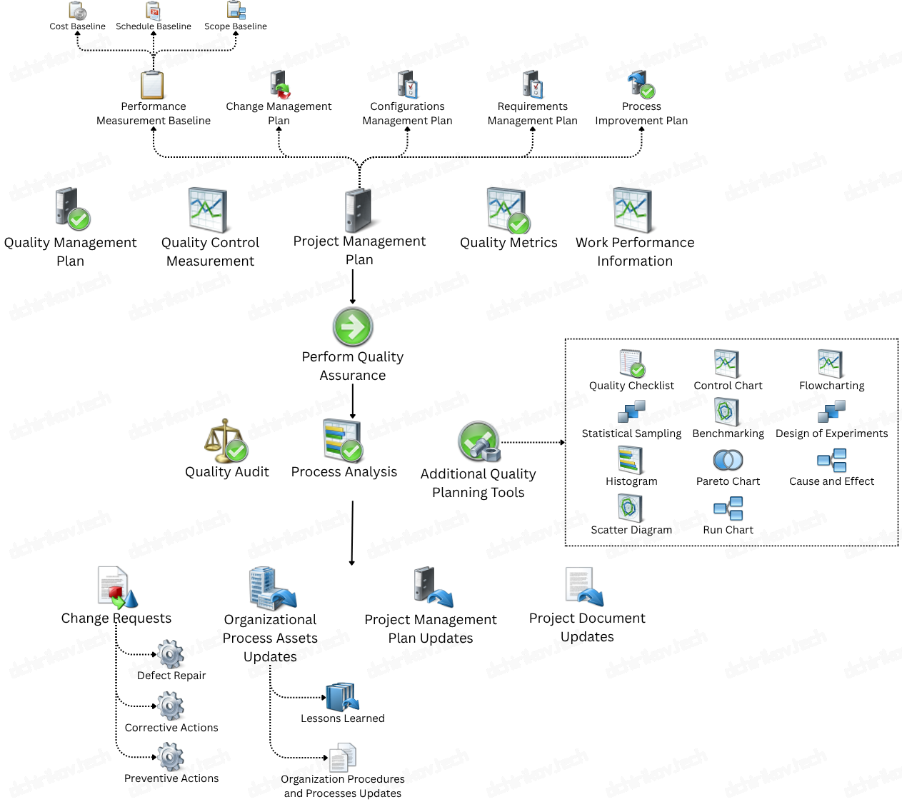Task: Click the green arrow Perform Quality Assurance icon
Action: click(x=353, y=326)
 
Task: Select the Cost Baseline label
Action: click(x=77, y=26)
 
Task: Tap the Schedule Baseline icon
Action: click(x=154, y=11)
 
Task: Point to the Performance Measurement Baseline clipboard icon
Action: click(x=153, y=85)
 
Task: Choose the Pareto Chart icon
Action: click(x=728, y=460)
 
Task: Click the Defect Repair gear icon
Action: click(x=171, y=653)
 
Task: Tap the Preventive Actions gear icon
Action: click(x=171, y=757)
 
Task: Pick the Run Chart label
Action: click(x=728, y=530)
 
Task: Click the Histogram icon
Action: click(x=631, y=460)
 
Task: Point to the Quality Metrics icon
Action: click(x=508, y=211)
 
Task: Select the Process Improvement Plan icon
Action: click(x=641, y=84)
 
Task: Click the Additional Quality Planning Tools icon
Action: click(x=478, y=442)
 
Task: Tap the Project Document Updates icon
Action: click(x=584, y=587)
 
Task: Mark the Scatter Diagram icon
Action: click(x=631, y=508)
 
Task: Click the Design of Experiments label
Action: click(x=831, y=433)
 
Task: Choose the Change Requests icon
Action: click(x=116, y=587)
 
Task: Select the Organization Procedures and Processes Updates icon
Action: click(x=343, y=757)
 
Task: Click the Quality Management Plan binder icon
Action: click(x=71, y=209)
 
